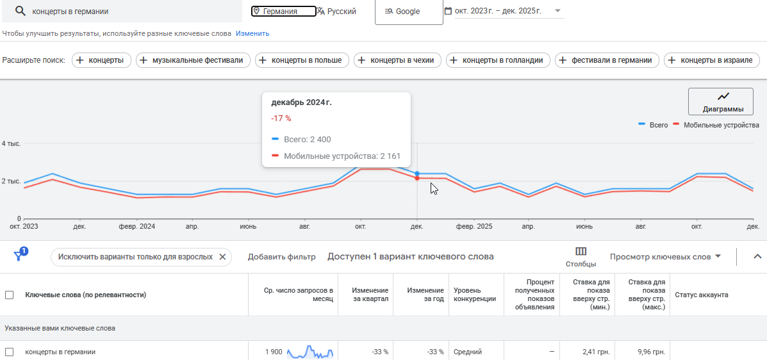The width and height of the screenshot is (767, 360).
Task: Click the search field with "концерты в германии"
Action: (x=128, y=12)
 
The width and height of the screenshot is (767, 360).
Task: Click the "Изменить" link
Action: (x=252, y=33)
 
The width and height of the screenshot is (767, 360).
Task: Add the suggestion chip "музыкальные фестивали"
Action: (x=192, y=60)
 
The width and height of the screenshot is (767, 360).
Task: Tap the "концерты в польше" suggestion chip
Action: (x=302, y=60)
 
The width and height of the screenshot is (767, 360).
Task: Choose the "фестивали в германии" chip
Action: (x=607, y=60)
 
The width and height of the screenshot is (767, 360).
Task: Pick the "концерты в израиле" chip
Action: (x=712, y=60)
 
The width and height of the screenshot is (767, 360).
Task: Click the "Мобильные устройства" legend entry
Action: (x=721, y=125)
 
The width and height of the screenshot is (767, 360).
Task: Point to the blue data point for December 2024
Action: (x=417, y=174)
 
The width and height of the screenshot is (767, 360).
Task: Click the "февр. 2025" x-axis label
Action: (x=474, y=227)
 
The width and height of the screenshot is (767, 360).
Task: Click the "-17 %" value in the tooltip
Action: (x=281, y=119)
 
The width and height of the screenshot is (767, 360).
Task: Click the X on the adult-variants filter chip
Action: (x=222, y=257)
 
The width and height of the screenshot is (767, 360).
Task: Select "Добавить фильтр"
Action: (x=282, y=257)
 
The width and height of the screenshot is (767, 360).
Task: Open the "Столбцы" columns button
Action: (x=581, y=256)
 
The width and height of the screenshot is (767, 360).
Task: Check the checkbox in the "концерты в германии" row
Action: (x=10, y=352)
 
